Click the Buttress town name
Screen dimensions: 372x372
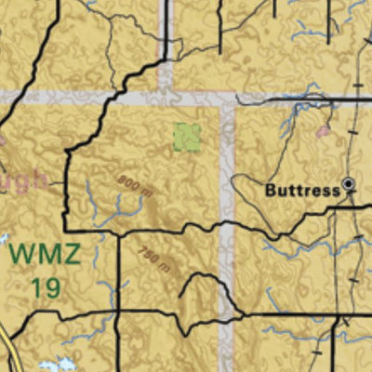coord(303,189)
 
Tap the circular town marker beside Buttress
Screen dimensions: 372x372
coord(349,185)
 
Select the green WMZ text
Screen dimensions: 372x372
coord(39,254)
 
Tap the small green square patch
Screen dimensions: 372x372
coord(188,138)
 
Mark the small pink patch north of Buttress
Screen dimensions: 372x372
coord(323,132)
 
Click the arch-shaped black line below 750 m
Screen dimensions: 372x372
coord(199,284)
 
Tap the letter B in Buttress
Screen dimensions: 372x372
coord(271,189)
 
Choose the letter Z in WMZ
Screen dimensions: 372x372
coord(63,254)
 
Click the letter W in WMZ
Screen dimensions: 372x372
coord(20,254)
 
